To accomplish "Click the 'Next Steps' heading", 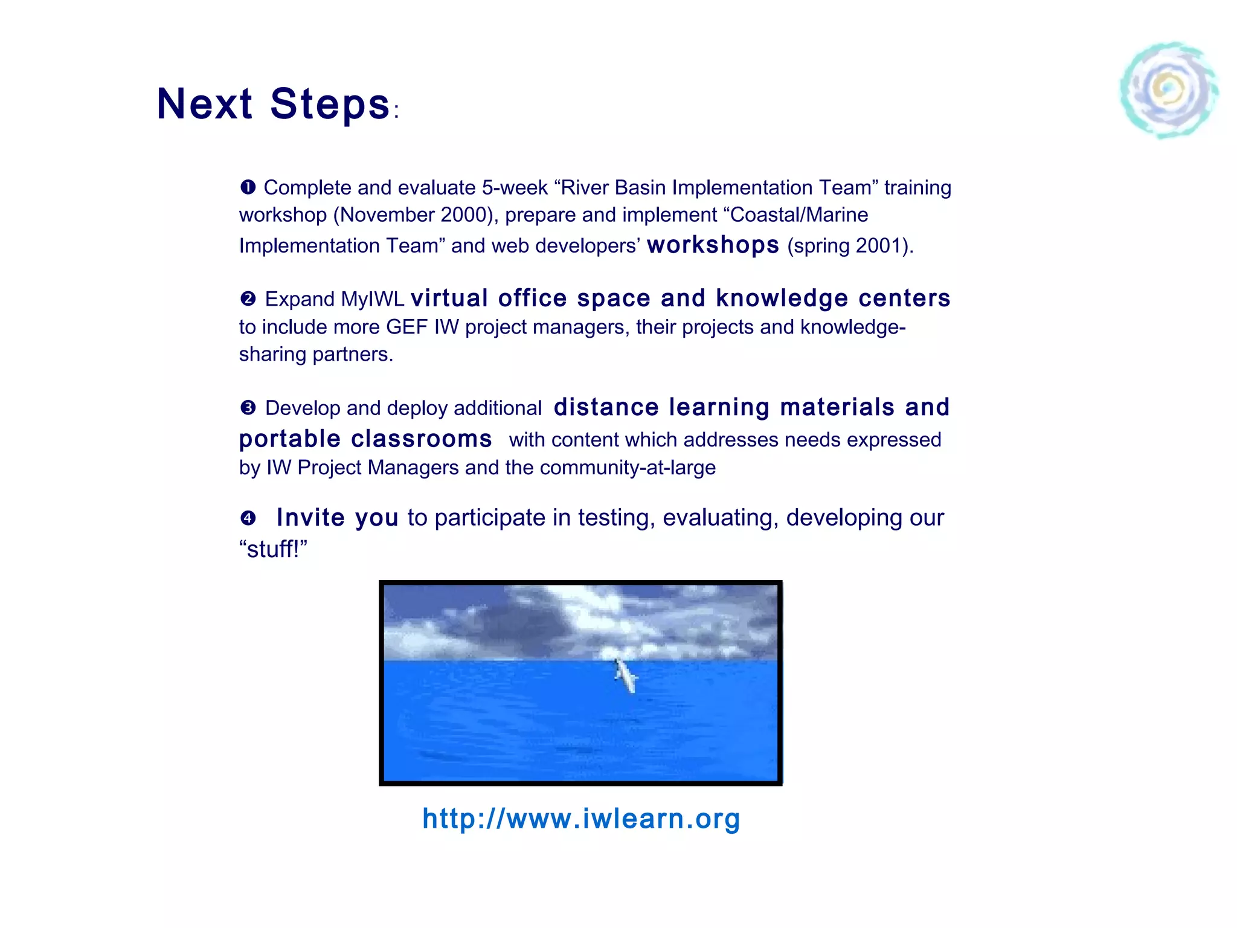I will [x=273, y=104].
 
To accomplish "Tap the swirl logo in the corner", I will [x=1169, y=91].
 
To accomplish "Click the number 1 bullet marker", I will [x=248, y=187].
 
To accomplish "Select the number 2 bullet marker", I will [x=248, y=298].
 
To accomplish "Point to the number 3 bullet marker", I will [x=248, y=408].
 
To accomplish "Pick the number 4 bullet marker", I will [x=248, y=518].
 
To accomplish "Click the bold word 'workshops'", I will [x=713, y=245].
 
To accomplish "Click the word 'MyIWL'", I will [x=372, y=299].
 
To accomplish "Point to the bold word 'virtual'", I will [x=449, y=298].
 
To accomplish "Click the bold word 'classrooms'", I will [x=421, y=439].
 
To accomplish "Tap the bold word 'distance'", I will [x=606, y=407].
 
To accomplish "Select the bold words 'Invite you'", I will [x=337, y=518].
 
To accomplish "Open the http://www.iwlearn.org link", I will [x=581, y=819].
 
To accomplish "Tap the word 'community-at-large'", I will [x=628, y=468].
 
